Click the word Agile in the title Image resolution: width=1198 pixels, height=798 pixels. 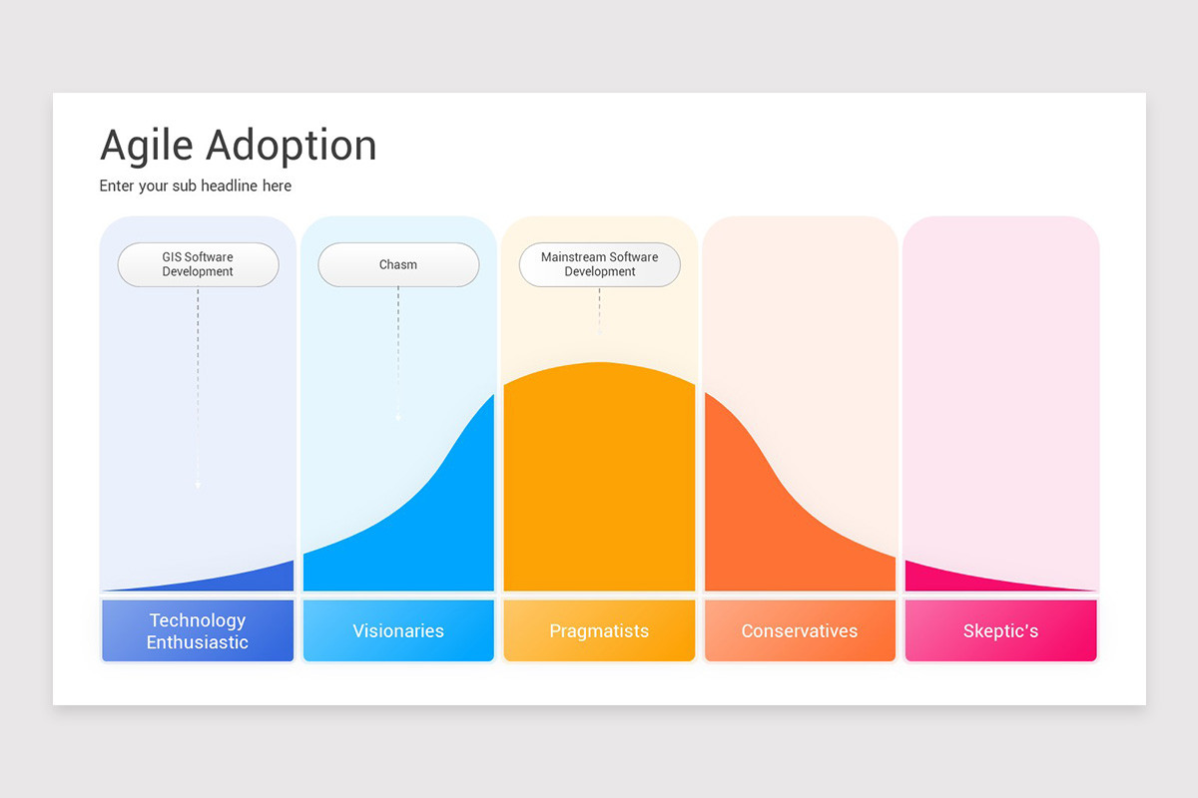(x=147, y=146)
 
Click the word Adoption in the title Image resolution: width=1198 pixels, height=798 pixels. (x=292, y=146)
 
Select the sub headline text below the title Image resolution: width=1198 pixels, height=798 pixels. (x=196, y=186)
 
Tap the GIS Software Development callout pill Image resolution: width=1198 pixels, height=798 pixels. (x=198, y=264)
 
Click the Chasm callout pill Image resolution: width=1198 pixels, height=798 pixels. (x=398, y=264)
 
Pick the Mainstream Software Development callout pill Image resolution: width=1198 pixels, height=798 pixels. (x=599, y=264)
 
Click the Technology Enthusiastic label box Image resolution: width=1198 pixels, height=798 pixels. (x=198, y=630)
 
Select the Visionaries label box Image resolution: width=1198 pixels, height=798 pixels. (x=398, y=630)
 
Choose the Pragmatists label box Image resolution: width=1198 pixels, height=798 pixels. (x=599, y=630)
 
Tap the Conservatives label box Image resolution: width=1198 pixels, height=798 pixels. (x=800, y=630)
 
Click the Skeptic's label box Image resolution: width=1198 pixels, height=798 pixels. (x=1000, y=630)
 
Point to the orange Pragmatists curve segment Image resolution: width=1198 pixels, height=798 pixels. (x=599, y=479)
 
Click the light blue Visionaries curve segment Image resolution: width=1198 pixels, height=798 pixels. (x=439, y=529)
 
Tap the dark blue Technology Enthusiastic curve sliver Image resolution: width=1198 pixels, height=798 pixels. (x=260, y=579)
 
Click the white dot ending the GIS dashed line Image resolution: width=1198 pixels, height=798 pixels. (x=198, y=485)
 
